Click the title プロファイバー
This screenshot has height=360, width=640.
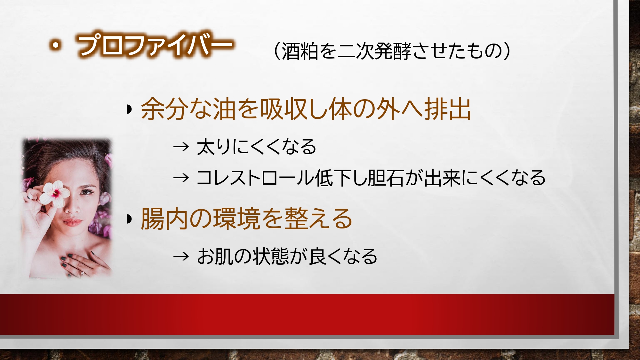point(155,45)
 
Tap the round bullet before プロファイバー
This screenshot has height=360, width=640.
point(56,45)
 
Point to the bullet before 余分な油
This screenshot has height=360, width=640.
point(129,109)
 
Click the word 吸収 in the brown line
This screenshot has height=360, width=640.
point(284,109)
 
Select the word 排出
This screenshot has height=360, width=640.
point(448,109)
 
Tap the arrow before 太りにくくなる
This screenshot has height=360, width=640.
point(181,147)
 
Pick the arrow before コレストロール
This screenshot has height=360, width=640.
point(181,178)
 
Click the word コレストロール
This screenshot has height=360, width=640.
point(255,178)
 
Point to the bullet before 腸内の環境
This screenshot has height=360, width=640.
point(129,219)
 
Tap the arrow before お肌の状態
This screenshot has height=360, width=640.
point(181,256)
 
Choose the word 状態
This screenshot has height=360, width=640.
point(271,256)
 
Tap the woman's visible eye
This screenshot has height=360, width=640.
point(86,192)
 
